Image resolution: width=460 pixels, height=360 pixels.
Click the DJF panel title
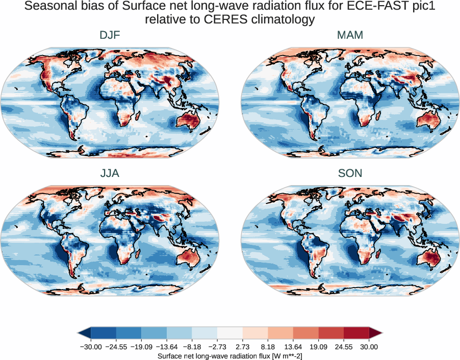pos(110,35)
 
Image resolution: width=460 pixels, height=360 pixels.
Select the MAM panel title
pos(350,35)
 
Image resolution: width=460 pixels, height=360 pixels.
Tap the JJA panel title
pos(110,173)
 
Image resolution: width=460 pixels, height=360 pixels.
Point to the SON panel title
pos(350,173)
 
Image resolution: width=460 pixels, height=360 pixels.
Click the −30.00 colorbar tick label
pos(91,347)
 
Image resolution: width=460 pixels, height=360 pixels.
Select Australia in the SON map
pos(426,258)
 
